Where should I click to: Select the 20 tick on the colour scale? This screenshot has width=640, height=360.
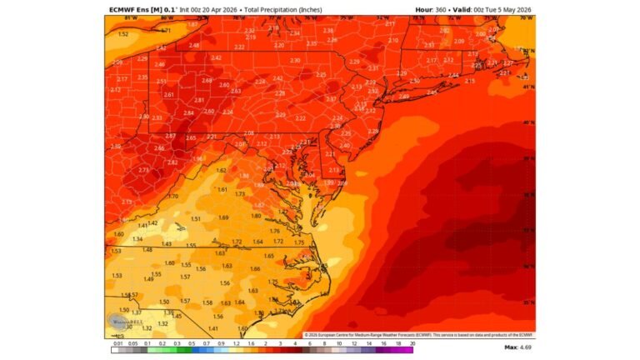(411, 342)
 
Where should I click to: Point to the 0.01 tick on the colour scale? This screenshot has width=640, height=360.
(118, 342)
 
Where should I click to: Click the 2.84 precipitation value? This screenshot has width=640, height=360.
(188, 113)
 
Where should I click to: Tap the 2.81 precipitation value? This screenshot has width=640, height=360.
(198, 100)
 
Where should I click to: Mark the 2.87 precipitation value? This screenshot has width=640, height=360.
(170, 136)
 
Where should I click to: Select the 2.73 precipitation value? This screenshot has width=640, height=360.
(143, 169)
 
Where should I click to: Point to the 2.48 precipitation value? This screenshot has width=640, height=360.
(193, 45)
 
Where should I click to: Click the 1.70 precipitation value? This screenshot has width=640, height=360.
(173, 196)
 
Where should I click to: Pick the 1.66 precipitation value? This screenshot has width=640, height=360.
(255, 268)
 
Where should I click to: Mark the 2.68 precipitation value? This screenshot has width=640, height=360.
(207, 81)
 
